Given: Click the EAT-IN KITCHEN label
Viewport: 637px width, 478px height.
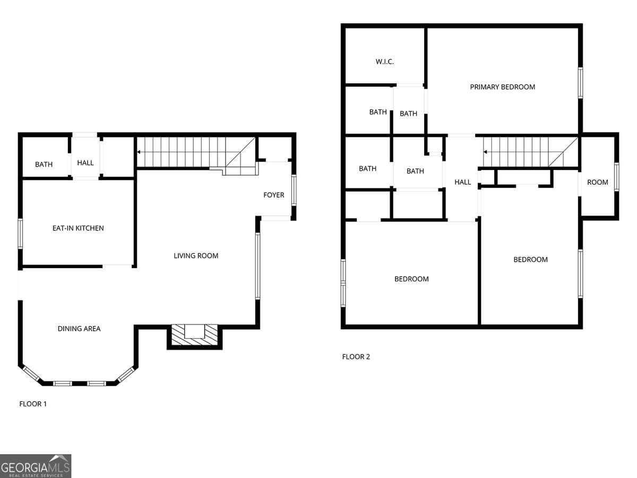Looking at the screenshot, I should tap(78, 228).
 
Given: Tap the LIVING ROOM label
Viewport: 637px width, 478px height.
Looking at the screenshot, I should tap(196, 256).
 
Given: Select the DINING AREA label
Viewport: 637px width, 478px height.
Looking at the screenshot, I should tap(79, 329).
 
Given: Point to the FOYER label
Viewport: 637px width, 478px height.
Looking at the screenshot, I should tap(274, 195).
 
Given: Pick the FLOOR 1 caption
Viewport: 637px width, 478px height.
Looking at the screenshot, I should tap(33, 404).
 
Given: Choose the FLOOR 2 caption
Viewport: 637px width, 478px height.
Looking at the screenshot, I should tap(356, 357).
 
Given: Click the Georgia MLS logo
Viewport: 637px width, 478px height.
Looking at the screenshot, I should tap(36, 466).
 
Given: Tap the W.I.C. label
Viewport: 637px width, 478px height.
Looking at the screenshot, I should tap(385, 62).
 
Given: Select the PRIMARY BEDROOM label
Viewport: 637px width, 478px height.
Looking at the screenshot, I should tap(502, 87).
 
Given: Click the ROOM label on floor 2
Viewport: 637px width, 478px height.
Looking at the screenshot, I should tap(598, 182).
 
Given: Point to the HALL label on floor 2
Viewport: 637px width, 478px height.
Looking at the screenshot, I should tap(463, 182).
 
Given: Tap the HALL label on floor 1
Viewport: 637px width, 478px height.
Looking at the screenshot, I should tap(85, 163).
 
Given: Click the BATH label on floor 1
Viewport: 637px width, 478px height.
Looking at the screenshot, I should tap(44, 165).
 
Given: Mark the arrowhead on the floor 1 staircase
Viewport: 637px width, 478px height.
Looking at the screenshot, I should tap(139, 152).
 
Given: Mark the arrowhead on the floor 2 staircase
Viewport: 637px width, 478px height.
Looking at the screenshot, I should tap(485, 152).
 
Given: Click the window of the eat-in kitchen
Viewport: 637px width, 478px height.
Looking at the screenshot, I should tap(20, 234).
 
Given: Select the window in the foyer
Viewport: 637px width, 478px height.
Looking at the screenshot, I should tap(294, 190).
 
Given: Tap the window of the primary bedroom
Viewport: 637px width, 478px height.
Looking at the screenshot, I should tap(580, 83).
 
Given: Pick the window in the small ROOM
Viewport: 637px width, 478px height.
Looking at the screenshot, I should tap(616, 177).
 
